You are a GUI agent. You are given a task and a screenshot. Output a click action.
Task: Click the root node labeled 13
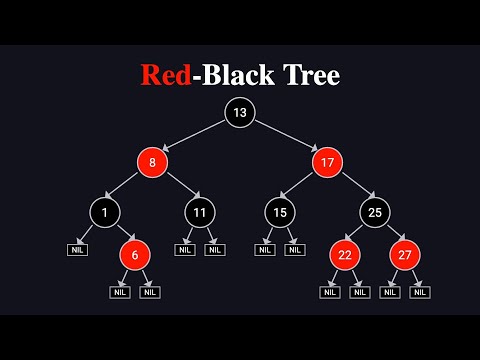pos(240,113)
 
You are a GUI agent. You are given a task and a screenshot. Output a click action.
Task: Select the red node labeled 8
pos(152,160)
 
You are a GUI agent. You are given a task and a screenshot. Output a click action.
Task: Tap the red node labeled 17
pos(327,160)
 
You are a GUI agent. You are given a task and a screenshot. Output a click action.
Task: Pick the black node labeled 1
pos(104,211)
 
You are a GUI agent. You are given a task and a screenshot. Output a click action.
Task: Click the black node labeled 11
pos(200,211)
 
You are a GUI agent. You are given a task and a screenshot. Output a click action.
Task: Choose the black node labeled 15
pos(279,211)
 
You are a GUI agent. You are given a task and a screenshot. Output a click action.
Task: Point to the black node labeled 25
pos(375,211)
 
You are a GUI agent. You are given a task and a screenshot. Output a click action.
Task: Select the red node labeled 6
pos(135,255)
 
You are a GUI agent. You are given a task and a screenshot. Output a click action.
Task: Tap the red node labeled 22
pos(345,255)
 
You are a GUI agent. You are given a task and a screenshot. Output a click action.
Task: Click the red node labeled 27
pos(405,255)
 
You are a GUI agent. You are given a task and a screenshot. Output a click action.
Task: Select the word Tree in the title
pos(308,75)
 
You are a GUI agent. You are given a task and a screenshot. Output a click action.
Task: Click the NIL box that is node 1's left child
pos(78,249)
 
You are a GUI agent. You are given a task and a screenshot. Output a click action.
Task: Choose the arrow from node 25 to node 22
pos(360,232)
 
